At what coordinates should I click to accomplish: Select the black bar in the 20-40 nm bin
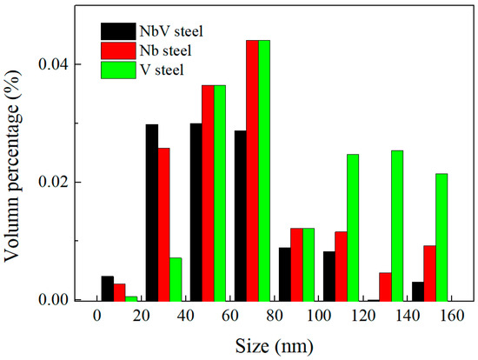coord(151,212)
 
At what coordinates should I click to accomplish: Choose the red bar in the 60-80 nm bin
coord(252,170)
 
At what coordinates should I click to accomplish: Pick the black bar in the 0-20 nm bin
coord(107,289)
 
